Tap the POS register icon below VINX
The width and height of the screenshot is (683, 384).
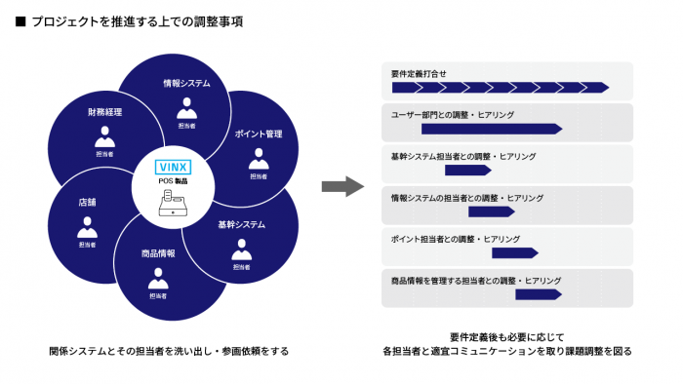176,204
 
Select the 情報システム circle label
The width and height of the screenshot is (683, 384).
186,84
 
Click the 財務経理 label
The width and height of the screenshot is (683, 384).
104,113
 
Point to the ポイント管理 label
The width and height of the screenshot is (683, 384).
259,134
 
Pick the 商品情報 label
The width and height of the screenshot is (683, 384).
158,253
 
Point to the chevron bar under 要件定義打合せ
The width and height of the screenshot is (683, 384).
500,88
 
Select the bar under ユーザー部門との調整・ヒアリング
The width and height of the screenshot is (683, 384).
492,129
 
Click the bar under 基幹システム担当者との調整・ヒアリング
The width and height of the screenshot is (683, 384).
467,171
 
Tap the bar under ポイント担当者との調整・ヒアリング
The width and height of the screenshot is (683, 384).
515,253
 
